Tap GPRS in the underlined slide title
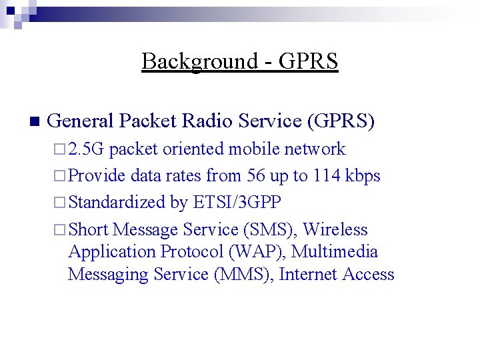click(308, 61)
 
